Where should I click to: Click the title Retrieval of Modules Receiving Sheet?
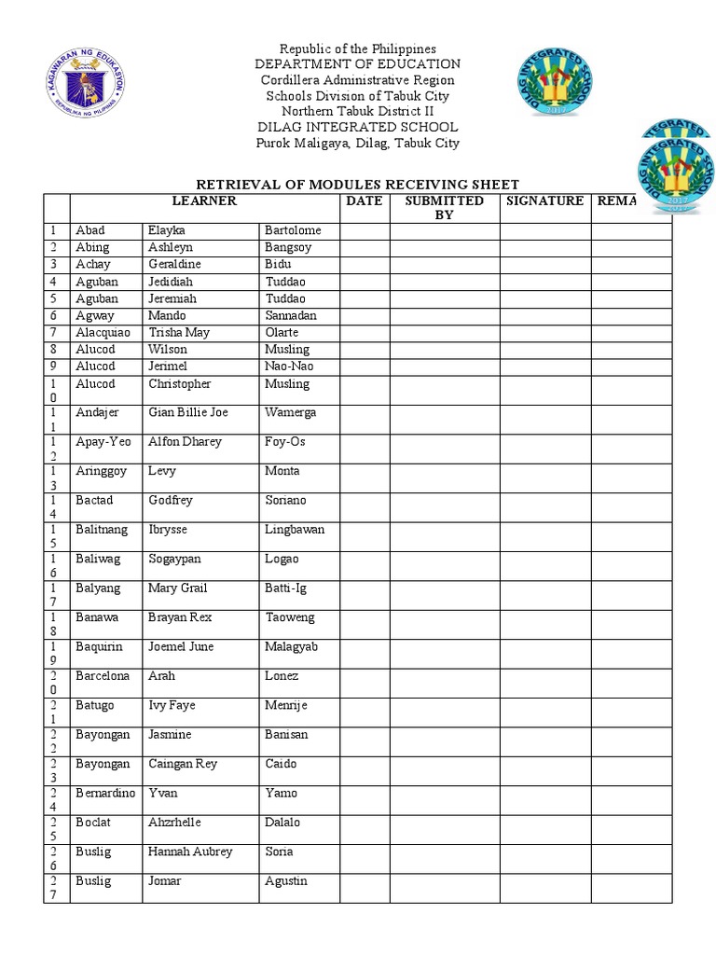[x=355, y=184]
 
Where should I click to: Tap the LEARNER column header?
[x=204, y=201]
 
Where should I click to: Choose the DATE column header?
[x=364, y=201]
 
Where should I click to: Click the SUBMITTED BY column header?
[x=444, y=207]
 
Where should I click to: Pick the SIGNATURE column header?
[x=544, y=201]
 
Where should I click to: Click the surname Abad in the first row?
[x=90, y=230]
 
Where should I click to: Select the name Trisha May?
[x=179, y=332]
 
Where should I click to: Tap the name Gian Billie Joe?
[x=186, y=412]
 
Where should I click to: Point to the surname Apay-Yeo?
[x=102, y=441]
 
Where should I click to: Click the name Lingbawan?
[x=295, y=529]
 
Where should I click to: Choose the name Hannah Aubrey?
[x=190, y=851]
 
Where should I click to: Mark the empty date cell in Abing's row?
[x=364, y=247]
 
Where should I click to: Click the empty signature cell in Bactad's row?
[x=544, y=507]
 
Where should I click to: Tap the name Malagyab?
[x=291, y=646]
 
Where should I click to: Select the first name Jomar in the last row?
[x=165, y=880]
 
